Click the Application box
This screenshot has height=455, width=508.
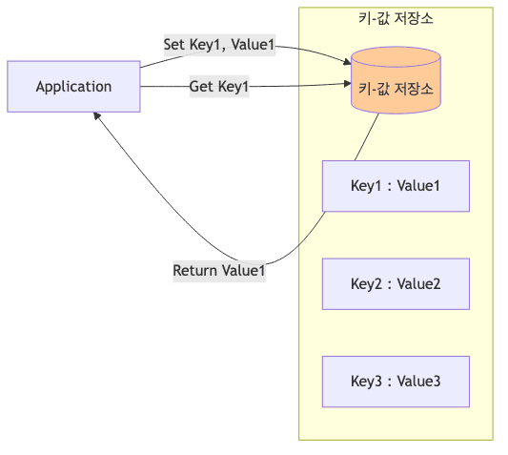tap(73, 87)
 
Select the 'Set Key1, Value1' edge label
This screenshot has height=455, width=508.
tap(218, 45)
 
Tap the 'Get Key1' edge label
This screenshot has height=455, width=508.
tap(218, 87)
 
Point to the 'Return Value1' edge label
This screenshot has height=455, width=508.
tap(218, 271)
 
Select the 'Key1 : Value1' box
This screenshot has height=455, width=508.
tap(396, 185)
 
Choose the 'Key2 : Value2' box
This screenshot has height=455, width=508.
tap(396, 283)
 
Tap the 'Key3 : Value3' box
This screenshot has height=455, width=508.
tap(396, 382)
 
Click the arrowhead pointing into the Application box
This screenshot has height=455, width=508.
tap(96, 115)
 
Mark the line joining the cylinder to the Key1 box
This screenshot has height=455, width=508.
tap(368, 136)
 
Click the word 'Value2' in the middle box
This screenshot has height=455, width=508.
tap(418, 283)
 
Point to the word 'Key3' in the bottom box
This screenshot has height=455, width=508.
tap(367, 382)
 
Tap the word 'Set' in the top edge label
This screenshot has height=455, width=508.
tap(174, 45)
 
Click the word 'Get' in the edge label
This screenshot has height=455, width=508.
tap(201, 87)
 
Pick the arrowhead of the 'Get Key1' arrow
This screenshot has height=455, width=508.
tap(347, 86)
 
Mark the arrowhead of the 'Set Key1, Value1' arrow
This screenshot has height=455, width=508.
tap(346, 64)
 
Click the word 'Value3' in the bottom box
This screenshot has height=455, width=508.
tap(418, 382)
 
